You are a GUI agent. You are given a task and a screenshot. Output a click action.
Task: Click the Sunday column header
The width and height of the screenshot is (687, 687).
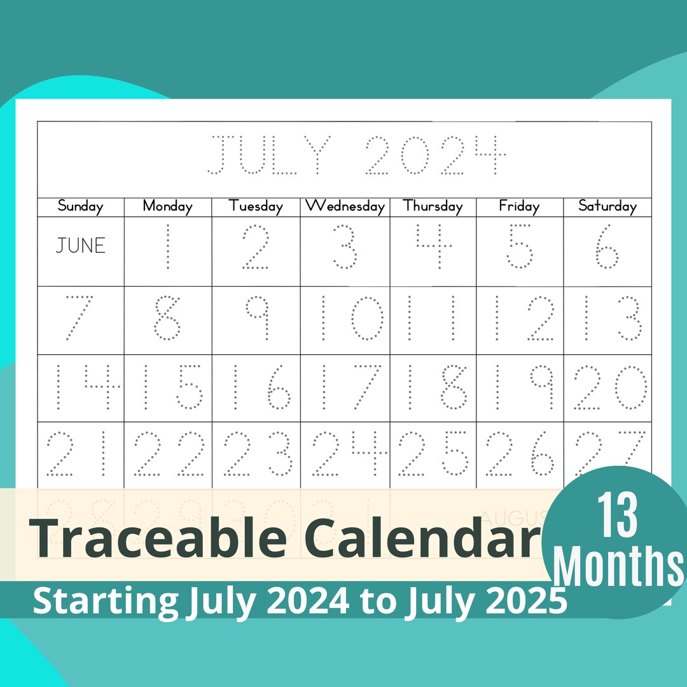click(80, 206)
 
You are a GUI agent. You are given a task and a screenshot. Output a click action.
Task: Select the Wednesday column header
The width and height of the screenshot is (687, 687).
click(345, 206)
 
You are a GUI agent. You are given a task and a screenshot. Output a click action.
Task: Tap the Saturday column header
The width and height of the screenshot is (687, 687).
click(607, 206)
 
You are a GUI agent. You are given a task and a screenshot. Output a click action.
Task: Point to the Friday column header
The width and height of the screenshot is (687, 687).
click(519, 206)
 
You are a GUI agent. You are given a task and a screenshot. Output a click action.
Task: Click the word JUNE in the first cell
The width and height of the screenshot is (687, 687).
click(80, 246)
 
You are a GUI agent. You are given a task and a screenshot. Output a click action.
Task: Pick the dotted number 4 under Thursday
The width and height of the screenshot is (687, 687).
click(433, 246)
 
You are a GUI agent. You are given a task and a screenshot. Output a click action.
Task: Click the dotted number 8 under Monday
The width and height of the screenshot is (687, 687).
click(168, 317)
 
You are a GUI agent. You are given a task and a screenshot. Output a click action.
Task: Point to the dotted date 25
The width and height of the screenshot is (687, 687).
click(433, 454)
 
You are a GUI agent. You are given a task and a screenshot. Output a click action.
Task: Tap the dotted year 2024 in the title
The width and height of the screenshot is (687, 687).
click(435, 155)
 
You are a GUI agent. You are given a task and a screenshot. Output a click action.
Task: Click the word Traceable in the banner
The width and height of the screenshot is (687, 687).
click(158, 538)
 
